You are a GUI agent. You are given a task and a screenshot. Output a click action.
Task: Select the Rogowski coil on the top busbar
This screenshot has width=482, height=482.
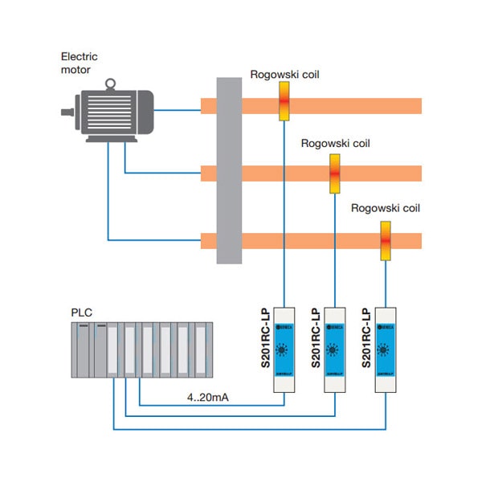(284, 102)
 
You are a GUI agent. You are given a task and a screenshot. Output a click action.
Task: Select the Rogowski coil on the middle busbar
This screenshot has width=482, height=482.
(335, 171)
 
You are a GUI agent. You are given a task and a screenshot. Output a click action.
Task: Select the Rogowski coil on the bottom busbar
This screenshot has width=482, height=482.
(386, 240)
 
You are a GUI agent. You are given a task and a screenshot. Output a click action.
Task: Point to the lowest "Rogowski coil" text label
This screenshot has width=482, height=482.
(386, 208)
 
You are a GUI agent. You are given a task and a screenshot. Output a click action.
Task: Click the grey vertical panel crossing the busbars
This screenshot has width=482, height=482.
(229, 170)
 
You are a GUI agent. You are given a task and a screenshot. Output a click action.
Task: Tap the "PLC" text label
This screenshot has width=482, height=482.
(82, 311)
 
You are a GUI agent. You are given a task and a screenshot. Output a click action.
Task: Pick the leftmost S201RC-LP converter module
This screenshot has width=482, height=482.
(285, 350)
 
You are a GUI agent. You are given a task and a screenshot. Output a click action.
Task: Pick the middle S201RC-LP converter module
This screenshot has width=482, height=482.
(336, 350)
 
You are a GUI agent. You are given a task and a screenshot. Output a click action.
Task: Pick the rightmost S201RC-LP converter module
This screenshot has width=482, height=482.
(386, 350)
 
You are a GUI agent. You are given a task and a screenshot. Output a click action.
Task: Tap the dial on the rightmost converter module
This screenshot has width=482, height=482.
(386, 352)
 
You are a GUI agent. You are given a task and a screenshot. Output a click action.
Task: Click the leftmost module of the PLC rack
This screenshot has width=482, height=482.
(82, 349)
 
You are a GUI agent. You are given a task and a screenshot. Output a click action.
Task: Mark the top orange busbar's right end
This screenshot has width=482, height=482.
(418, 106)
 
